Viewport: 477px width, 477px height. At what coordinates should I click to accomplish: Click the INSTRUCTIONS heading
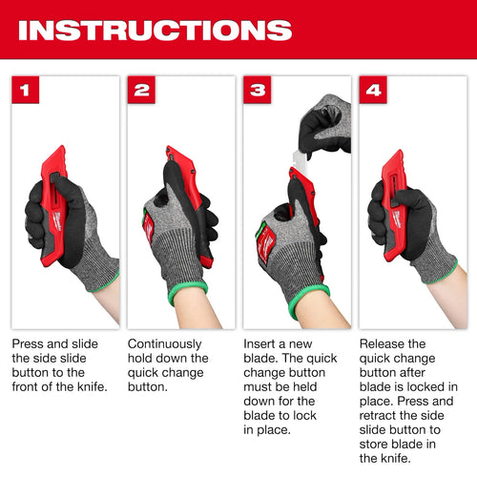156,31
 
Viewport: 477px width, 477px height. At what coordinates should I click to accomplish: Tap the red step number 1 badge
26,90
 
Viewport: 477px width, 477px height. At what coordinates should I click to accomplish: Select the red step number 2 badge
141,90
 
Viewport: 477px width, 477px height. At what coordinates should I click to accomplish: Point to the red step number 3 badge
258,90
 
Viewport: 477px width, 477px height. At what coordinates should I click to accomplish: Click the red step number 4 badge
373,90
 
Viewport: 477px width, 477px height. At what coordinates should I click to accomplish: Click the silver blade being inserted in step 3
299,161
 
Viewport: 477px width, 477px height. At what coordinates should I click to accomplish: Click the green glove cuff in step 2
187,292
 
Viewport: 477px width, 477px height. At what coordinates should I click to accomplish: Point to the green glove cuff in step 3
307,299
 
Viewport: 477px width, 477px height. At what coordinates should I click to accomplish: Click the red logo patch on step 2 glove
148,226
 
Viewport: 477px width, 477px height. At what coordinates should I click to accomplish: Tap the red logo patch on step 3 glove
266,243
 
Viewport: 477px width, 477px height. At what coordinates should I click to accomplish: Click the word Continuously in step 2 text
165,344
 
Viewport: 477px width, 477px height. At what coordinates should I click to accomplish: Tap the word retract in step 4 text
378,416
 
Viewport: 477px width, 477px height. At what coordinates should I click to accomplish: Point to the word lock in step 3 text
305,415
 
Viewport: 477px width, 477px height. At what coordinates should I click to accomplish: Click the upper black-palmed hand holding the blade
325,126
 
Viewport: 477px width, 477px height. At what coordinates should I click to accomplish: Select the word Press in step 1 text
28,343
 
